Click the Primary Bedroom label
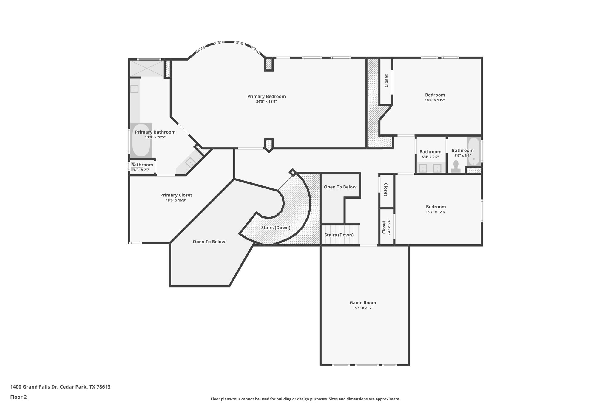click(266, 96)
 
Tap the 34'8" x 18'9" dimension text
click(266, 102)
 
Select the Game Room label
click(363, 302)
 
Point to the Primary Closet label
click(176, 195)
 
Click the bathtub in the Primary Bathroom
click(141, 140)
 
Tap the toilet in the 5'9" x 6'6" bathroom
click(456, 166)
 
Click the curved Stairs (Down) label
click(276, 228)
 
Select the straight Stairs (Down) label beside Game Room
click(339, 235)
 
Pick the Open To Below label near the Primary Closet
click(209, 242)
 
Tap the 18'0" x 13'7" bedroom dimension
click(435, 100)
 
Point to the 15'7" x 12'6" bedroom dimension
click(436, 212)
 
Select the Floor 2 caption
click(18, 397)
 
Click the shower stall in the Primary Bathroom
click(146, 68)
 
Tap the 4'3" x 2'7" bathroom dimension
click(142, 170)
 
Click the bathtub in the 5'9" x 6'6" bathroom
click(474, 151)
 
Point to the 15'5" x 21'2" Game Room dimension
click(363, 308)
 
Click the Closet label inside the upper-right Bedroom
click(386, 81)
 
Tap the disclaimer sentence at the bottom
click(305, 399)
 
